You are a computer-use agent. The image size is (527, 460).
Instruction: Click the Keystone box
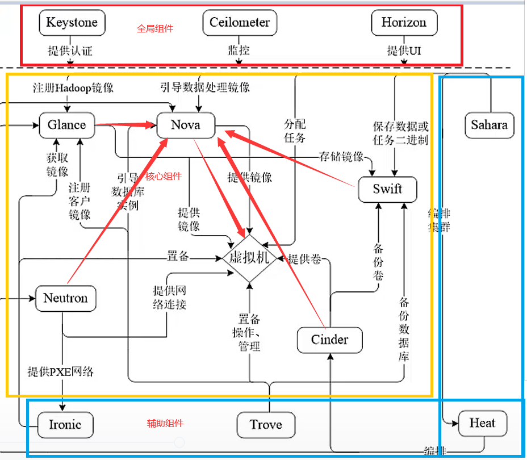pos(72,23)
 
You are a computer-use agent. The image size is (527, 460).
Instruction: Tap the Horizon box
pos(404,23)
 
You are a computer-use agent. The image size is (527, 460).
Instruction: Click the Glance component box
pos(66,125)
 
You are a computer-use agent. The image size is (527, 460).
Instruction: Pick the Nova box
pos(186,125)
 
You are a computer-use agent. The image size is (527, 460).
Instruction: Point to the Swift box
pos(387,189)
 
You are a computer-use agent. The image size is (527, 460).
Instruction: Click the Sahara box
pos(489,125)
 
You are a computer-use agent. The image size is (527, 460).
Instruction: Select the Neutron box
pos(65,298)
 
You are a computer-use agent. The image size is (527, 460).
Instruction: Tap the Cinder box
pos(329,340)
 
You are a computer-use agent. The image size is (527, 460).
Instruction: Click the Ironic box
pos(65,424)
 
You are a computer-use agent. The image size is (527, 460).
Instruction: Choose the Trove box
pos(266,425)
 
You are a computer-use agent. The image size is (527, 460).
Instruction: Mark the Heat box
pos(482,423)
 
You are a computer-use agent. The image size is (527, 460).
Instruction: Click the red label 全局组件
pos(155,28)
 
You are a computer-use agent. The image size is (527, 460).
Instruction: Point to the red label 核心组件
pos(164,177)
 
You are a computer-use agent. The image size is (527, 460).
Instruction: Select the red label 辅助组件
pos(165,423)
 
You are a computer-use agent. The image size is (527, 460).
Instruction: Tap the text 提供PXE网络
pos(61,372)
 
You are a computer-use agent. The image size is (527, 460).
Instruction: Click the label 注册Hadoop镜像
pos(73,88)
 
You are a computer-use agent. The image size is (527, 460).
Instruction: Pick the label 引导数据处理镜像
pos(204,87)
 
